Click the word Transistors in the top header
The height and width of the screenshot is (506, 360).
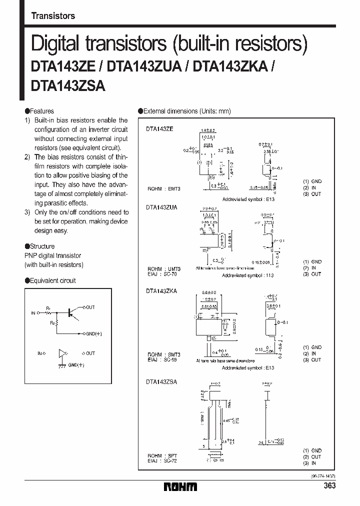tap(53, 16)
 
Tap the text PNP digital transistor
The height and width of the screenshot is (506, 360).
tap(53, 255)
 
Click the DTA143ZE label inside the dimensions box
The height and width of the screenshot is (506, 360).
tap(159, 129)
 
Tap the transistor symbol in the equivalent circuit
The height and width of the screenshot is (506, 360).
tap(71, 312)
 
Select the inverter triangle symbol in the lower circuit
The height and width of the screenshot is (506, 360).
tap(62, 353)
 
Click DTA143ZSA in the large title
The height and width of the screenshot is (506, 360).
tap(68, 86)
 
